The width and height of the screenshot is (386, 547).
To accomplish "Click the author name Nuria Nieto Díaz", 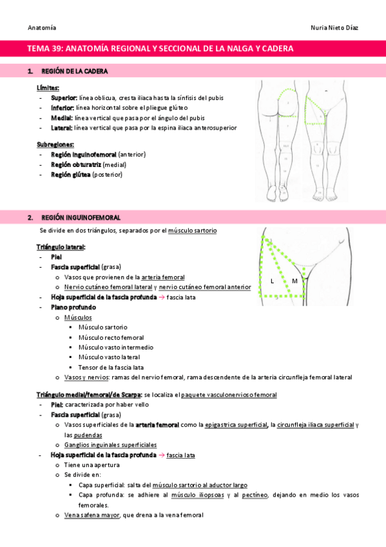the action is [x=336, y=28].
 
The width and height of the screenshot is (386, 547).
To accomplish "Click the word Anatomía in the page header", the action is [x=42, y=28].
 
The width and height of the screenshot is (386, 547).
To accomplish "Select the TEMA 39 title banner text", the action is [x=160, y=48].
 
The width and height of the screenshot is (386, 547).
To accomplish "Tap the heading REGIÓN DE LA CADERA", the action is [x=74, y=70].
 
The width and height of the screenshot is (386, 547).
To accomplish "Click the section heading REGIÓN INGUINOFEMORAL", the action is [x=80, y=218].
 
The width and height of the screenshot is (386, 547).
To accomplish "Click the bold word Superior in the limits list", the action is [x=64, y=97].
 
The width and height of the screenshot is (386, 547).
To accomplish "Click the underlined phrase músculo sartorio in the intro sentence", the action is [x=193, y=230].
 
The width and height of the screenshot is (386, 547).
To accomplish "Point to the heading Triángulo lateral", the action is [x=61, y=247].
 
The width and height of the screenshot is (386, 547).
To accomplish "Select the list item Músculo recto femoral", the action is [x=111, y=337].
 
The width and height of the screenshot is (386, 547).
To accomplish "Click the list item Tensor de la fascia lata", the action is [x=111, y=367].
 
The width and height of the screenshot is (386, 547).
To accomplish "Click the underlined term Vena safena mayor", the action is [x=90, y=515].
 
